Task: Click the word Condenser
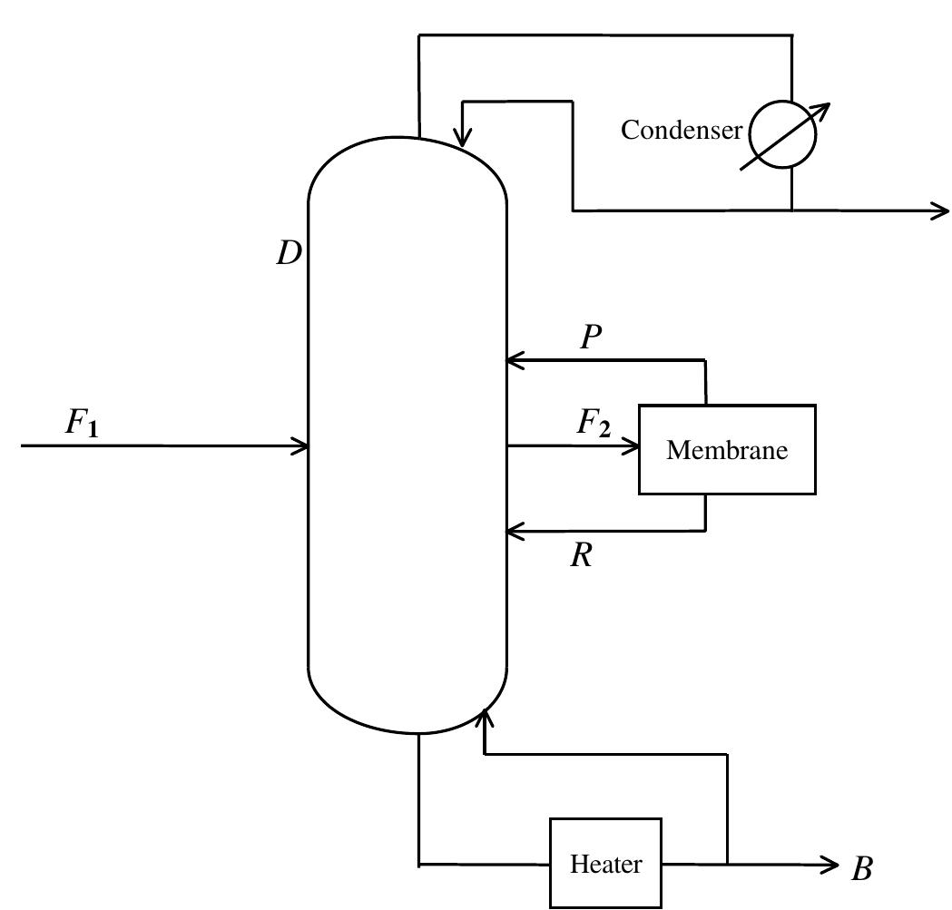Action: pyautogui.click(x=681, y=131)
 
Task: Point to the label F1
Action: pyautogui.click(x=81, y=424)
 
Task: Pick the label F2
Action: pyautogui.click(x=594, y=424)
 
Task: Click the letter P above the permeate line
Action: pyautogui.click(x=591, y=338)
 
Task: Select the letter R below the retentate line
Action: pyautogui.click(x=582, y=555)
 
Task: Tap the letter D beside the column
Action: pyautogui.click(x=289, y=254)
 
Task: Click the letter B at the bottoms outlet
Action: pyautogui.click(x=861, y=869)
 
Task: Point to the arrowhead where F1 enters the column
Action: pyautogui.click(x=301, y=445)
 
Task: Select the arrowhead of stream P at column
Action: pyautogui.click(x=514, y=360)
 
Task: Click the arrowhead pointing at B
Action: pyautogui.click(x=831, y=864)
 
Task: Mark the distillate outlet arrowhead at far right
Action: pyautogui.click(x=941, y=211)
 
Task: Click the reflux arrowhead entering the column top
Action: pyautogui.click(x=463, y=141)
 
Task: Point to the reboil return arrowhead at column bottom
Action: pyautogui.click(x=486, y=717)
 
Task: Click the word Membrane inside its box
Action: pyautogui.click(x=727, y=450)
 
